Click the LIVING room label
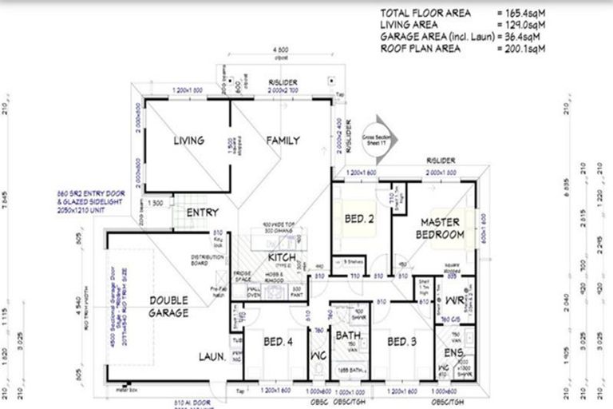(x=189, y=141)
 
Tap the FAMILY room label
(x=283, y=141)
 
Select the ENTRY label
(x=203, y=213)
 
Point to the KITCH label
(x=283, y=257)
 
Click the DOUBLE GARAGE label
(x=169, y=307)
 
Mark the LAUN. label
(x=212, y=357)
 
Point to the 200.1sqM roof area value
(x=522, y=48)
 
